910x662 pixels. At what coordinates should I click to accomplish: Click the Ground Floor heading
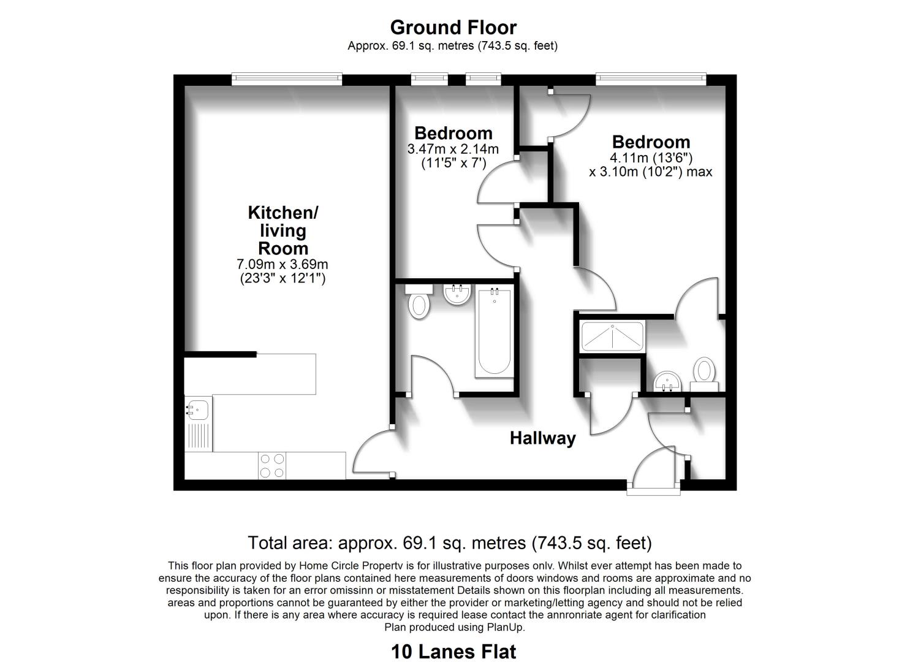click(x=453, y=28)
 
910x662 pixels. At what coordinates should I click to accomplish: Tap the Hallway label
click(x=543, y=438)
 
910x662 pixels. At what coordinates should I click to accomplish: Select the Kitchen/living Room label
click(x=283, y=230)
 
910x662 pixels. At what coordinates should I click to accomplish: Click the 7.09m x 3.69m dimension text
click(x=282, y=264)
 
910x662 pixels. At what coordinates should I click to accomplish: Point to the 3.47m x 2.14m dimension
click(x=453, y=149)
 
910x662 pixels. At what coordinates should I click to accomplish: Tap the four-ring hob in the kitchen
click(x=272, y=466)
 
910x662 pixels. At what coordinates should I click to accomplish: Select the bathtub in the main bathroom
click(x=495, y=331)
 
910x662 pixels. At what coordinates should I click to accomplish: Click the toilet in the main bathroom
click(x=419, y=301)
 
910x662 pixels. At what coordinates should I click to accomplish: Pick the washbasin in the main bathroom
click(x=457, y=294)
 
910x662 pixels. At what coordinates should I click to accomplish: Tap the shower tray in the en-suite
click(x=612, y=337)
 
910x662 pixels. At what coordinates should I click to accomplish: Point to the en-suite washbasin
click(x=667, y=381)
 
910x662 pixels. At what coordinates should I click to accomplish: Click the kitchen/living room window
click(x=287, y=79)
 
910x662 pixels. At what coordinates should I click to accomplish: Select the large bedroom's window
click(x=651, y=79)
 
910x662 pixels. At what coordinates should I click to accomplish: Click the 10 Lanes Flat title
click(x=453, y=652)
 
